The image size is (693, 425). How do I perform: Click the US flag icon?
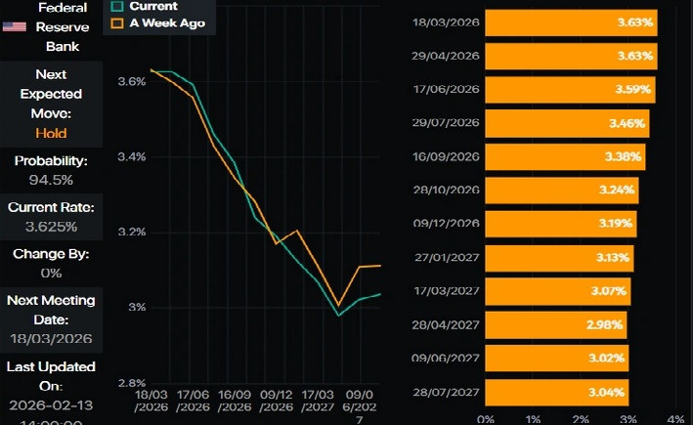click(x=14, y=26)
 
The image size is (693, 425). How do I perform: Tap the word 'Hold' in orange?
click(x=51, y=133)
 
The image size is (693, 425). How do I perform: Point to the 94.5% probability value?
click(x=51, y=180)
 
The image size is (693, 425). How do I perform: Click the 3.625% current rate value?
click(x=51, y=227)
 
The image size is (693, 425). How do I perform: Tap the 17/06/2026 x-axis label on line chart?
click(x=194, y=401)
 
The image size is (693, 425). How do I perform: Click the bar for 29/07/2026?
click(x=566, y=124)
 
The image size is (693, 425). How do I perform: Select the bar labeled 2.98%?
click(x=555, y=324)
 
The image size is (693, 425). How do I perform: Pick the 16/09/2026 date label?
click(x=447, y=156)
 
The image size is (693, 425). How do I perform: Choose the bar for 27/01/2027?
click(x=559, y=258)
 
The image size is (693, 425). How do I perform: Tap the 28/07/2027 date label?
click(x=447, y=392)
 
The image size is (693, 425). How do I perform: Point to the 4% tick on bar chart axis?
click(x=676, y=418)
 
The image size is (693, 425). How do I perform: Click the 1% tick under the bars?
click(x=534, y=418)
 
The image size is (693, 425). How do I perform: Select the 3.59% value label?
click(x=632, y=90)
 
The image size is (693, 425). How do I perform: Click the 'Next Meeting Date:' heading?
click(x=51, y=310)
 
